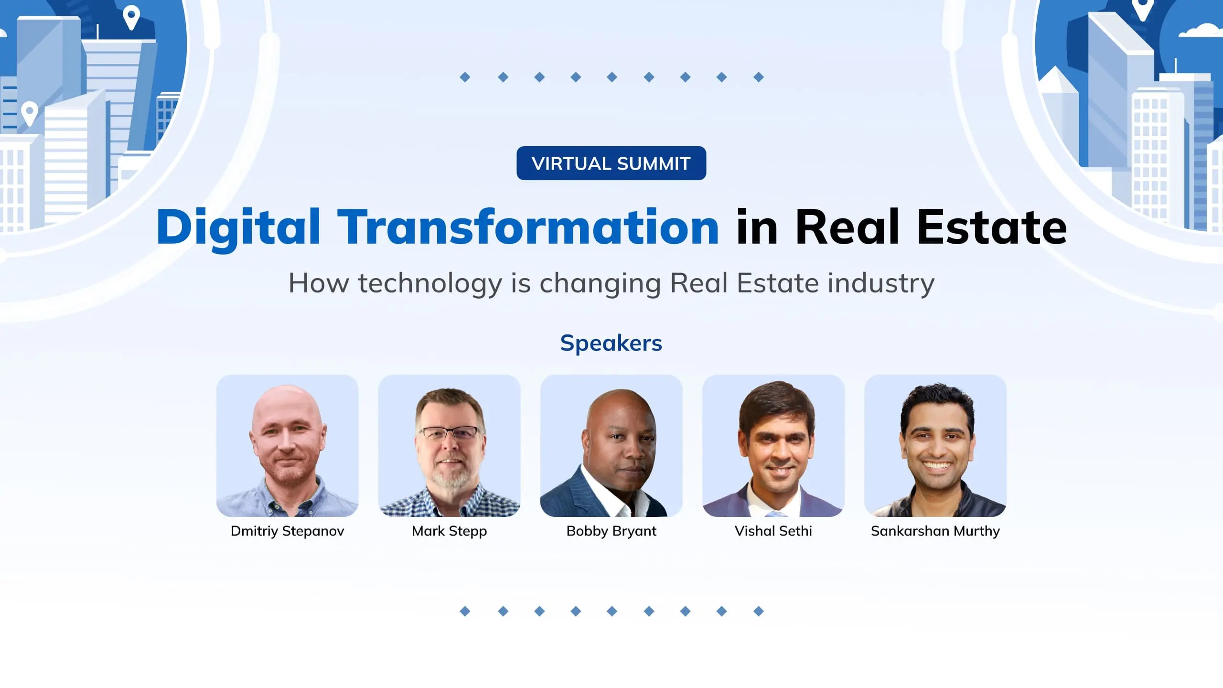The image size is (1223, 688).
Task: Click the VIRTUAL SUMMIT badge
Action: click(x=611, y=163)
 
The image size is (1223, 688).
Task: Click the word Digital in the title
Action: click(x=238, y=227)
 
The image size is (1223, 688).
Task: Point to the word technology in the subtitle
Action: click(x=430, y=283)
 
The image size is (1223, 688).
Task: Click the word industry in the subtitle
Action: click(x=881, y=283)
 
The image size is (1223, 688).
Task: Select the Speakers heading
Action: click(x=611, y=343)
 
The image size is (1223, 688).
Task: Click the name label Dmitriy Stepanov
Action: click(x=287, y=531)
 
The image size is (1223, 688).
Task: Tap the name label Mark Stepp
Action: click(x=449, y=531)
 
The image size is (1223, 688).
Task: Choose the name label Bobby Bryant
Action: click(x=611, y=531)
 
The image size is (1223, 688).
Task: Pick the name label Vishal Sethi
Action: click(x=773, y=531)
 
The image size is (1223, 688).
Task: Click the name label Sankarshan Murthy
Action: click(x=935, y=531)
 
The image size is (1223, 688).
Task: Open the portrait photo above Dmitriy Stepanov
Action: click(x=287, y=446)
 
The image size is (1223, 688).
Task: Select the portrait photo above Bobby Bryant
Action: click(x=611, y=446)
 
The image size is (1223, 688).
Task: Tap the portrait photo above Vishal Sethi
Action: click(x=773, y=446)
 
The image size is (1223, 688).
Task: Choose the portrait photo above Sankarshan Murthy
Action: click(x=935, y=446)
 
